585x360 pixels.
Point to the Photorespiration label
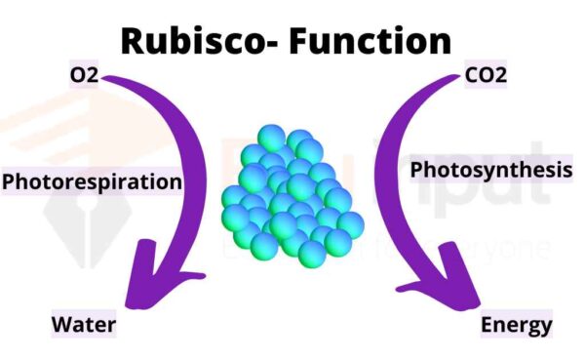[x=93, y=181]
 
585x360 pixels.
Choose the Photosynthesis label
[x=490, y=170]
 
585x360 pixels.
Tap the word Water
[x=84, y=324]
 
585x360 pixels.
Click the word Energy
[x=516, y=324]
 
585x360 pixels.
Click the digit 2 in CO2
[x=502, y=74]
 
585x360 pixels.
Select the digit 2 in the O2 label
[x=95, y=74]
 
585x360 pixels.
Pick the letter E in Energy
[x=487, y=324]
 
